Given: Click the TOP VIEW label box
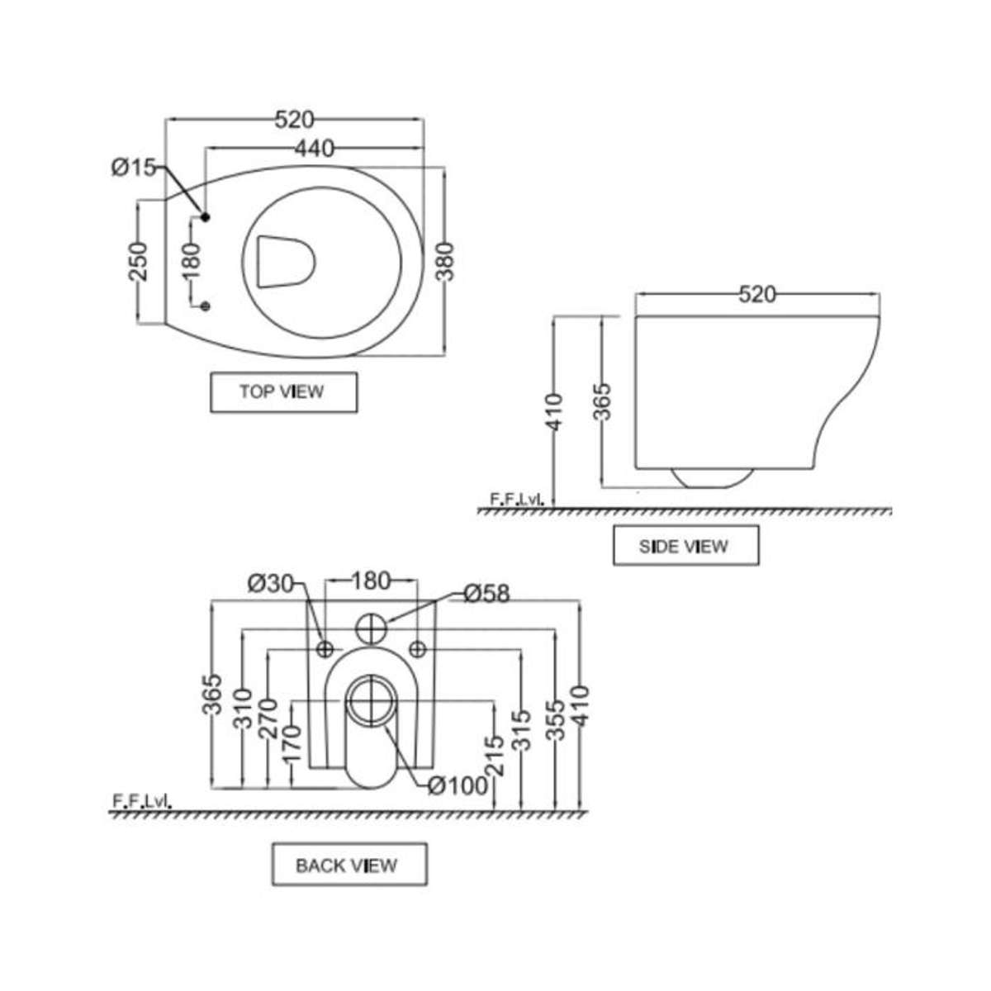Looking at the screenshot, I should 283,392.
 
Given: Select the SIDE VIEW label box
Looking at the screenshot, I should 685,546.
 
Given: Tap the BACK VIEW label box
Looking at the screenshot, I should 349,865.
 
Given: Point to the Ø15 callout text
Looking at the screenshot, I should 133,168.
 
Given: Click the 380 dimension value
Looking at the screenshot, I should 446,262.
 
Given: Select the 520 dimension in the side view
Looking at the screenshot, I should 756,294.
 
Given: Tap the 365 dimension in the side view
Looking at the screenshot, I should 603,401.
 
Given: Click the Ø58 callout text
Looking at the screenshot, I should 486,594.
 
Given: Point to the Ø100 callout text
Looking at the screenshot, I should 458,785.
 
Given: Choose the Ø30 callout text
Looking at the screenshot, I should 270,583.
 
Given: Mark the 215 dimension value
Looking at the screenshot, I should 494,756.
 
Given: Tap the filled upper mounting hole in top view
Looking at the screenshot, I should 206,216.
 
